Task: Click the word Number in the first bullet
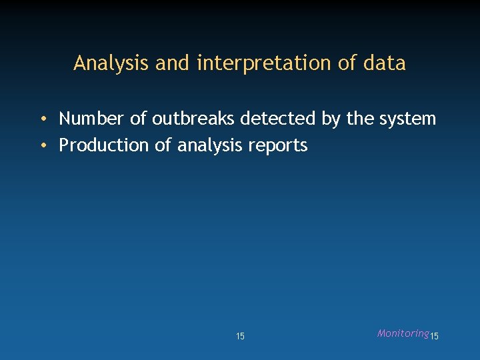click(91, 119)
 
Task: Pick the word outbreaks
click(193, 119)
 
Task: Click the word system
click(408, 119)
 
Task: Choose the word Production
click(104, 145)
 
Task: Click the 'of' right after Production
click(163, 145)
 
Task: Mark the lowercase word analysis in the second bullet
click(209, 146)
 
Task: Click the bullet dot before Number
click(42, 119)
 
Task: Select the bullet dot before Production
click(42, 146)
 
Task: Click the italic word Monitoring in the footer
click(403, 333)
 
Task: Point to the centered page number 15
click(240, 337)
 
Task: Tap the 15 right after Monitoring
click(434, 337)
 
